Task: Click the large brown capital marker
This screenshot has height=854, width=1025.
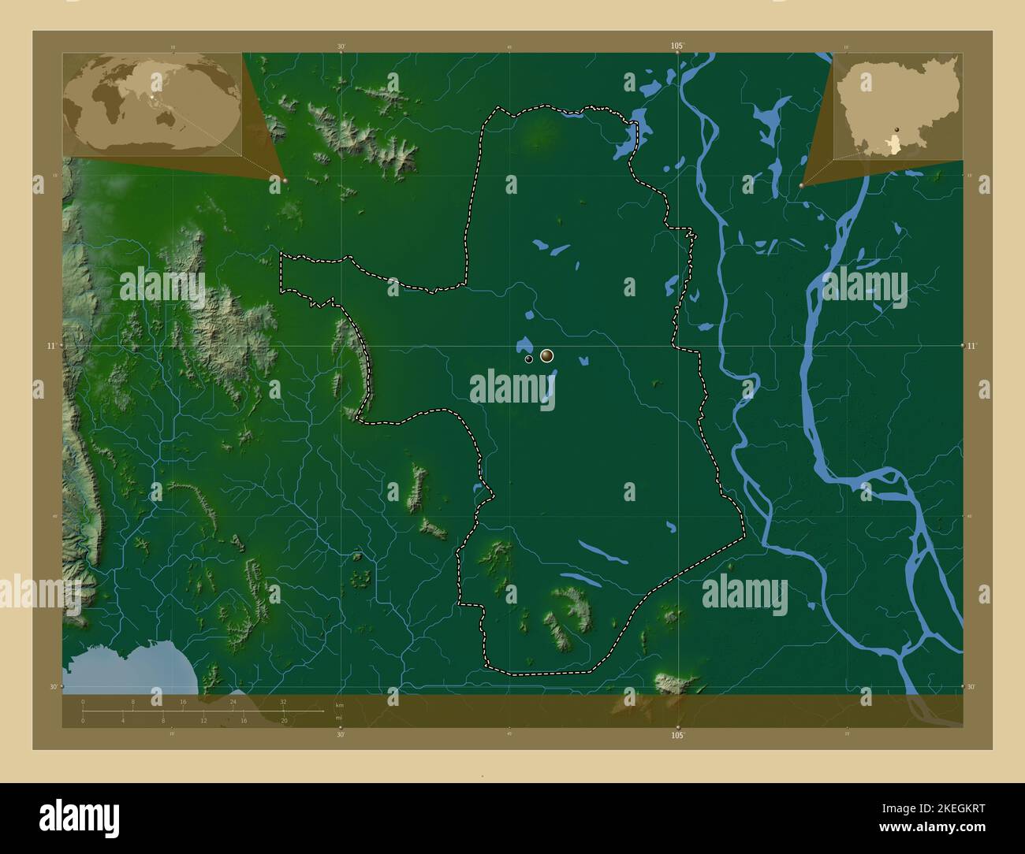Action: [547, 356]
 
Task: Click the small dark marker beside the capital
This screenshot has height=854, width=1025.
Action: [528, 359]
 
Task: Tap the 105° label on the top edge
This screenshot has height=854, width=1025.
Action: [677, 46]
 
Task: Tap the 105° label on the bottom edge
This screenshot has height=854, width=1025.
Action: [677, 735]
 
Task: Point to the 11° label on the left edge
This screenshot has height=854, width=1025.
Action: [50, 346]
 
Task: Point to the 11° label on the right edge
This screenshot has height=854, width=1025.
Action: [972, 346]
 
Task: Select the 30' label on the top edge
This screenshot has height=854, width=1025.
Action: [341, 46]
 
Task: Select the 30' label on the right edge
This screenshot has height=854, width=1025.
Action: [972, 687]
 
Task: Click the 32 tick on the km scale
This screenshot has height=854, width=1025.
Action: [283, 701]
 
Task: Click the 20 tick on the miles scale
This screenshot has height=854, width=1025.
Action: [284, 720]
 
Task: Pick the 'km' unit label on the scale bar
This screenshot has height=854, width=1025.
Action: [340, 704]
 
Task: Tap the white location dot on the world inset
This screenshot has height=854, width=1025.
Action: [153, 98]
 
